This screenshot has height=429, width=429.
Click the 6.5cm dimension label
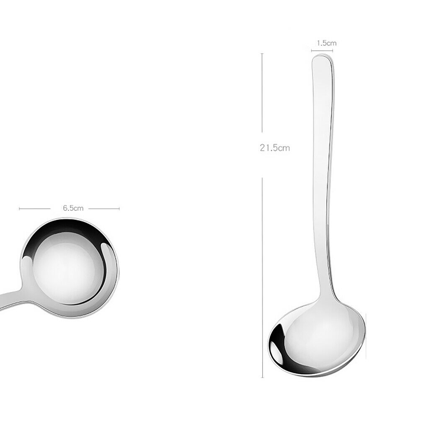pos(73,208)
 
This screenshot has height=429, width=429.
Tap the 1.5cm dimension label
pos(327,43)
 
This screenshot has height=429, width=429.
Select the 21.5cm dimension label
pos(275,148)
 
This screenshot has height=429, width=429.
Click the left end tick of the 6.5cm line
pos(19,209)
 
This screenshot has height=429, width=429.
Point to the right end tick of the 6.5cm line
pos(119,209)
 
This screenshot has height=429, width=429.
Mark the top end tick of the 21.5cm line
pos(262,54)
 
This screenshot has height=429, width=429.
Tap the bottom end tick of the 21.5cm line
pos(262,377)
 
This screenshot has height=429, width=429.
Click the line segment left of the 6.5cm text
pos(35,209)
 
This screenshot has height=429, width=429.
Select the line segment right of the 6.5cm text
pos(104,209)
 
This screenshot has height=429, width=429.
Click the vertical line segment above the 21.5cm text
pos(262,93)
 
